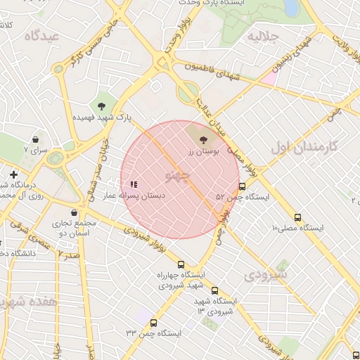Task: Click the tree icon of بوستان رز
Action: click(x=204, y=141)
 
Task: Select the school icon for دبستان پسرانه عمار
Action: click(x=134, y=185)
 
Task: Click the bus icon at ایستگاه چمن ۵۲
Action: click(x=243, y=187)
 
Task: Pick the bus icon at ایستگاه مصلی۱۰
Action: click(x=298, y=217)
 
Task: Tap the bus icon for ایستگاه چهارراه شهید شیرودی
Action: click(x=181, y=264)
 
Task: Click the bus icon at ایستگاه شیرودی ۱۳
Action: click(x=214, y=290)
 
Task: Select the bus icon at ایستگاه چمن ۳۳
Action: click(x=153, y=323)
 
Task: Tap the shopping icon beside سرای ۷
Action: click(x=34, y=139)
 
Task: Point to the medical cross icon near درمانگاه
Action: click(x=13, y=174)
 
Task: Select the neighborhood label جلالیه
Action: click(x=265, y=36)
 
